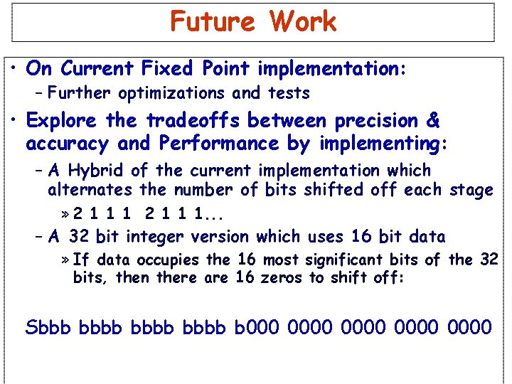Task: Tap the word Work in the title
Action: click(302, 21)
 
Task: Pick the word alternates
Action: click(90, 191)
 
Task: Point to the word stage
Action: click(471, 191)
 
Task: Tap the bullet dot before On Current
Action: click(15, 68)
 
